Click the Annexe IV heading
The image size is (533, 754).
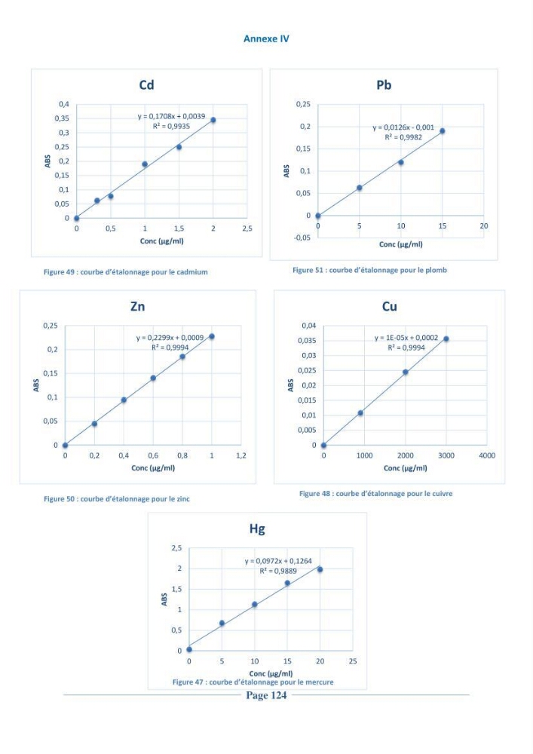266,39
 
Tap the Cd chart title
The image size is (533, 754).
146,85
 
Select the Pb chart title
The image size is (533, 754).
384,85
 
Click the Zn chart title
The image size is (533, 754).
137,306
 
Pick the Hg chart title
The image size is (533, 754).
257,529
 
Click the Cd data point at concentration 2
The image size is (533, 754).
213,120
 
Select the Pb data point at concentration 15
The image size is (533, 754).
443,130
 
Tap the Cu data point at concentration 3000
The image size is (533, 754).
446,339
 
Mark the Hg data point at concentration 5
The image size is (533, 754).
222,624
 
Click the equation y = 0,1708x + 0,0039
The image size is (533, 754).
171,116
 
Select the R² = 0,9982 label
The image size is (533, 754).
403,137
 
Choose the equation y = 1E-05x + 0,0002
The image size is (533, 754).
406,338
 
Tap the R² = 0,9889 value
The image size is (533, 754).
278,572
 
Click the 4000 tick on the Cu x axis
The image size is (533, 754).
487,455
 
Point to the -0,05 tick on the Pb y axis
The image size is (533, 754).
303,238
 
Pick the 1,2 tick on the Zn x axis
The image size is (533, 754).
240,455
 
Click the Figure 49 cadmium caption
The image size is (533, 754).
126,272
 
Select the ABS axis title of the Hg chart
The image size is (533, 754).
164,599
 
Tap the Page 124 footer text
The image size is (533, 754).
266,695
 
